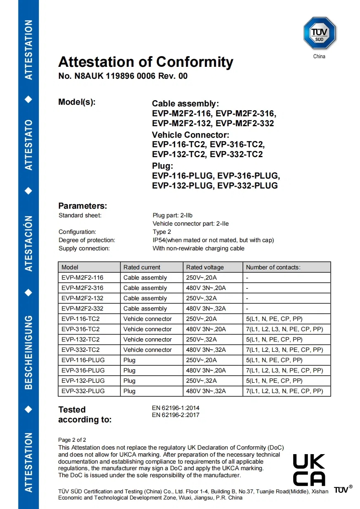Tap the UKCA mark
pos(309,470)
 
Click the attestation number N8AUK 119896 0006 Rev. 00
pos(123,76)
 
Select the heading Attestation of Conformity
pos(146,62)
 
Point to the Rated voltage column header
pos(205,267)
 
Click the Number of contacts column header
pos(273,267)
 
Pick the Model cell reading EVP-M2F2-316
pos(83,288)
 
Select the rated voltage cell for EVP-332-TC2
pos(206,350)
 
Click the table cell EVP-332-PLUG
pos(83,391)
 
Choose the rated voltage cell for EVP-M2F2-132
pos(201,298)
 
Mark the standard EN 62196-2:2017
pos(175,415)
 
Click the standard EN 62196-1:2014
pos(175,408)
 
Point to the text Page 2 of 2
pos(72,440)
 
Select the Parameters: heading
pos(83,206)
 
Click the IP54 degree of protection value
pos(213,240)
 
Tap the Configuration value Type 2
pos(162,232)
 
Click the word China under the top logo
pos(319,57)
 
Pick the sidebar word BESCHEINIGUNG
pos(28,352)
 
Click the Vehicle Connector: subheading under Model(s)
pos(190,135)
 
